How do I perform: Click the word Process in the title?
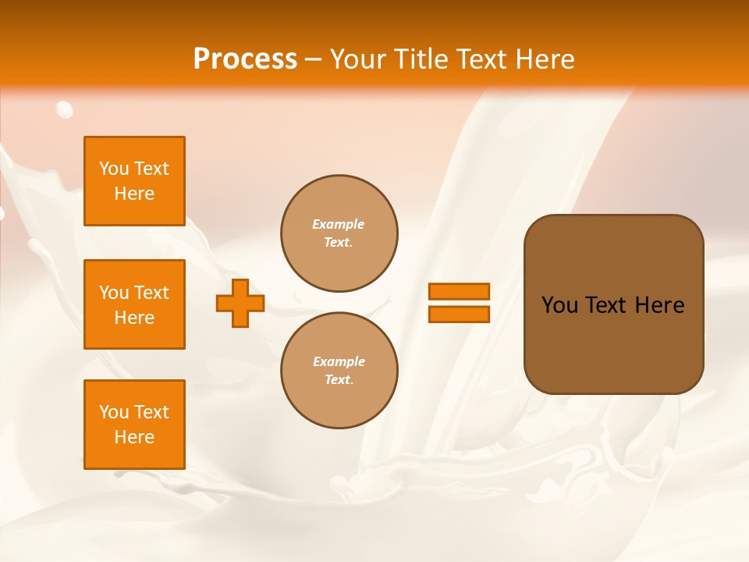pos(245,59)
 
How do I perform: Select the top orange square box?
pos(134,181)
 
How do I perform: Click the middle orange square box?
pos(134,304)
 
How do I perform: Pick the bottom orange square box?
pos(134,425)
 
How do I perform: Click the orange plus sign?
pos(240,303)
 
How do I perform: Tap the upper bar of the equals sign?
pos(459,291)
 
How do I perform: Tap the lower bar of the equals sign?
pos(459,315)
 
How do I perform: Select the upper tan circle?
pos(339,233)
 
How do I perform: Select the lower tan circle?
pos(339,371)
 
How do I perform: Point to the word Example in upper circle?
pos(339,224)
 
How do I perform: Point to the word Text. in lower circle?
pos(339,380)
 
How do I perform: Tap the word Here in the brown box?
pos(659,305)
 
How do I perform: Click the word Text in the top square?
pos(151,169)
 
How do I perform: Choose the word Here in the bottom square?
pos(134,437)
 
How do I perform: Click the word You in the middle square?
pos(114,293)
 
